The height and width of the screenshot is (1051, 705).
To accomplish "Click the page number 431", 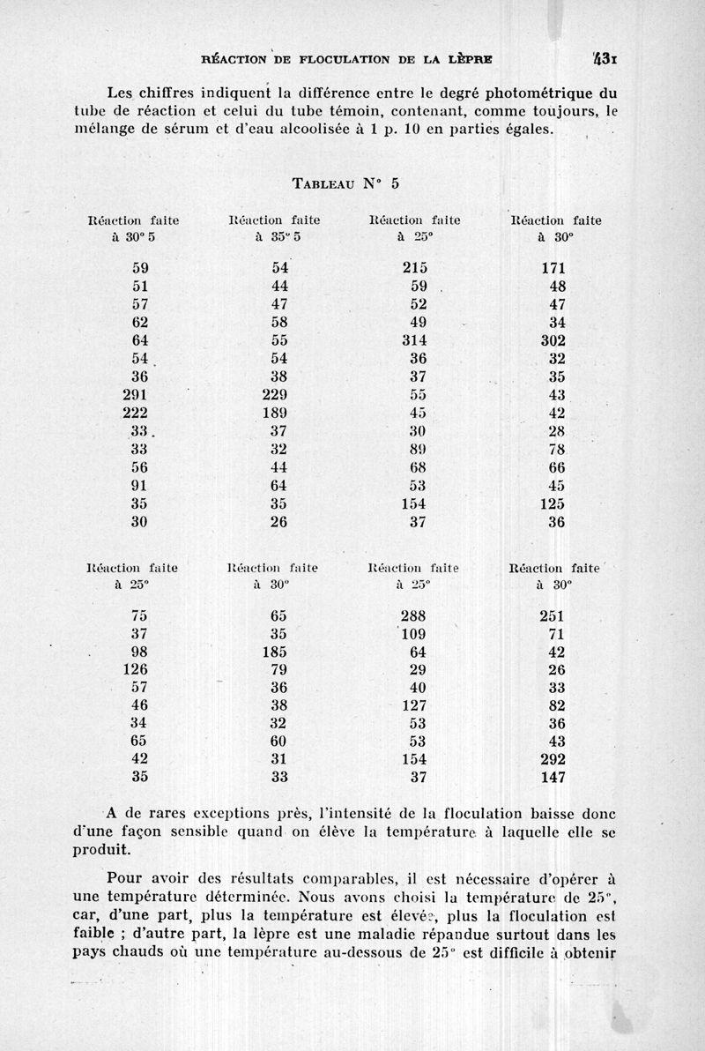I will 605,61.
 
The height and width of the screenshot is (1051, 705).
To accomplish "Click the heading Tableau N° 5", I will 345,183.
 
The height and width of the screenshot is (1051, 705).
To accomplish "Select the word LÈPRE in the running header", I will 470,61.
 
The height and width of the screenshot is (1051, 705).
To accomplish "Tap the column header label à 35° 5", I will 273,236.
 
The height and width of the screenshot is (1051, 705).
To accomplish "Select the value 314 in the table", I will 413,340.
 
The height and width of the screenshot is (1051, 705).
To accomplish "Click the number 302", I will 553,340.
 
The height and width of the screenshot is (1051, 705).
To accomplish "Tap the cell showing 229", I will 275,395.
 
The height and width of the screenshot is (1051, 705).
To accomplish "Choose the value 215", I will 413,268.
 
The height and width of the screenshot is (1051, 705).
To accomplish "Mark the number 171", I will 553,268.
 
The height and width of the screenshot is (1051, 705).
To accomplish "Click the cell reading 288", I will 413,616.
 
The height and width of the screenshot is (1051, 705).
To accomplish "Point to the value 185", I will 275,652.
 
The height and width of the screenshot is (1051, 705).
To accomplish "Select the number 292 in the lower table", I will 553,759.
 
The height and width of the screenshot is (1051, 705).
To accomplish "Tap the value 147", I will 553,778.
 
